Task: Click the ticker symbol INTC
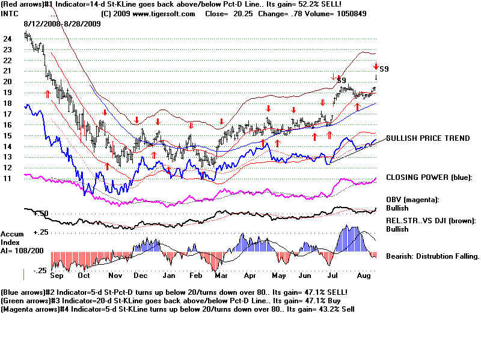(10, 13)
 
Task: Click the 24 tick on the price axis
(7, 39)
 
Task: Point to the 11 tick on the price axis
(7, 179)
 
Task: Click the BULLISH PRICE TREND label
(428, 138)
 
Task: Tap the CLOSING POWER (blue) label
(429, 177)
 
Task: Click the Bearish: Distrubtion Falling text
(432, 256)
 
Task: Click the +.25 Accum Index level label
(41, 232)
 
